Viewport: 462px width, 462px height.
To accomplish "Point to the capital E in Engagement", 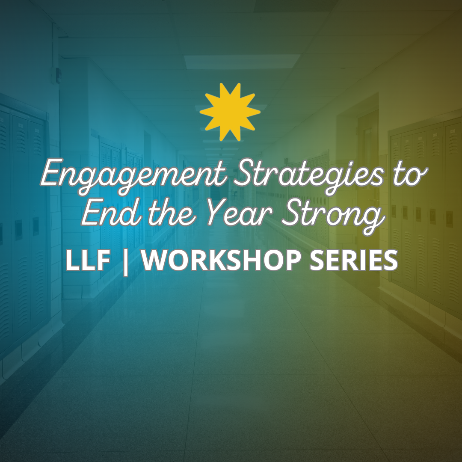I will tap(50, 175).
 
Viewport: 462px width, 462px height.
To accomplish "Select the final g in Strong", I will tap(375, 218).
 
